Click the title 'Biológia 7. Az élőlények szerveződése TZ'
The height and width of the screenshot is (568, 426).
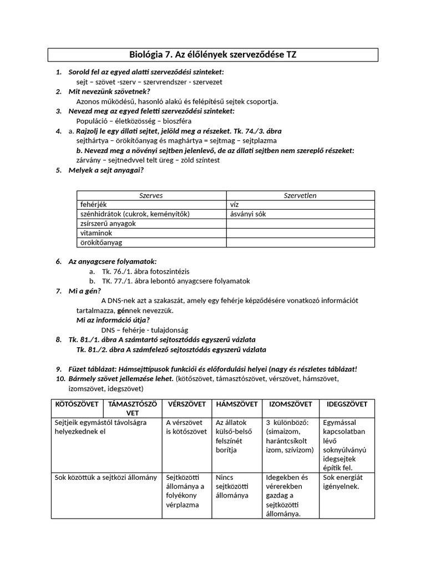(213, 55)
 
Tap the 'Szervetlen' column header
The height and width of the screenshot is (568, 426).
(300, 195)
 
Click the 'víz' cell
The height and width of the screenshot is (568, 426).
(234, 205)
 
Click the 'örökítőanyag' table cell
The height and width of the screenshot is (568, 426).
(102, 242)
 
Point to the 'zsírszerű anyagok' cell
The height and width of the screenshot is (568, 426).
(108, 224)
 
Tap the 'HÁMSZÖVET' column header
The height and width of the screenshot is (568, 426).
(237, 404)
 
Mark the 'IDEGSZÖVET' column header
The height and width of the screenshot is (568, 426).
(347, 404)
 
